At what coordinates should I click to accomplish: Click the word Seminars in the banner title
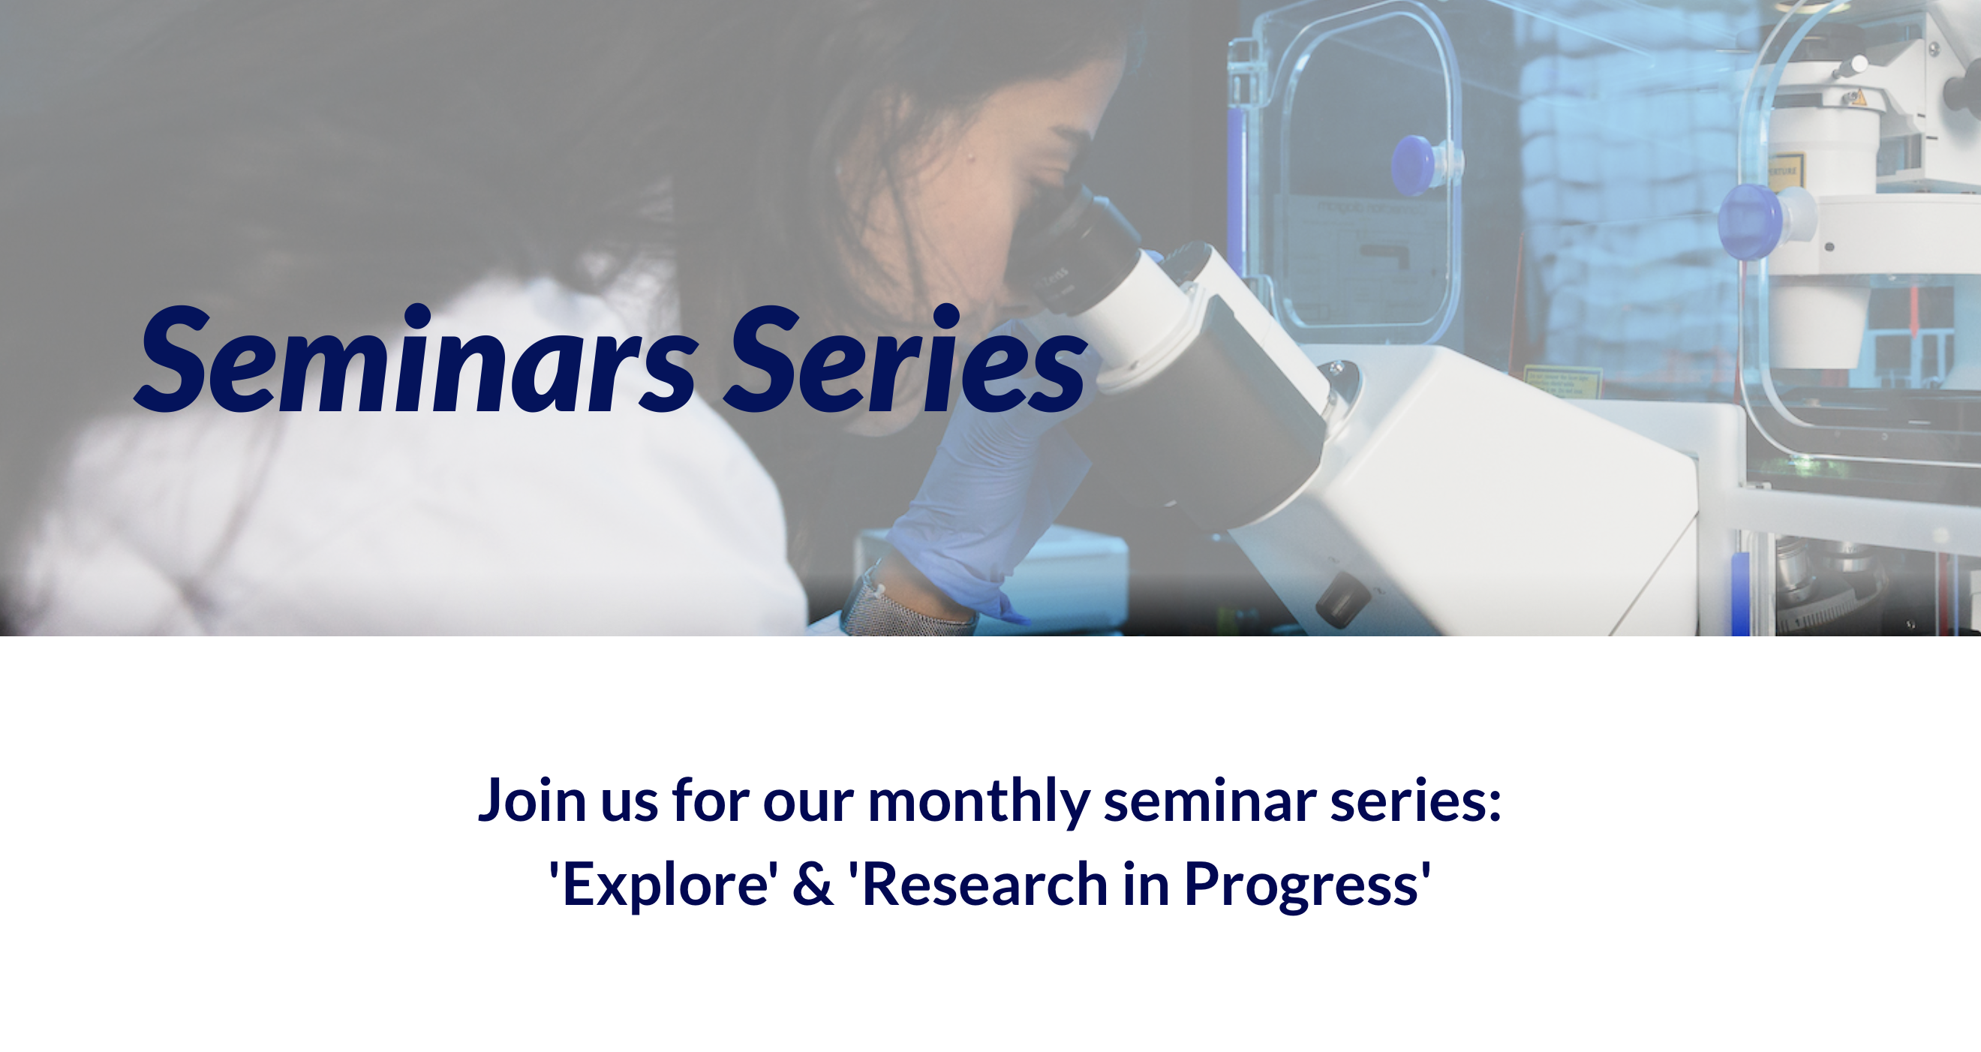click(416, 360)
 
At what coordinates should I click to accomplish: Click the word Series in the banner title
click(905, 359)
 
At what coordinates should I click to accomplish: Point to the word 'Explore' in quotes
click(663, 885)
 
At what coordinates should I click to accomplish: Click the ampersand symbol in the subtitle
click(813, 885)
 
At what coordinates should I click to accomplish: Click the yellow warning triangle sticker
click(1860, 98)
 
